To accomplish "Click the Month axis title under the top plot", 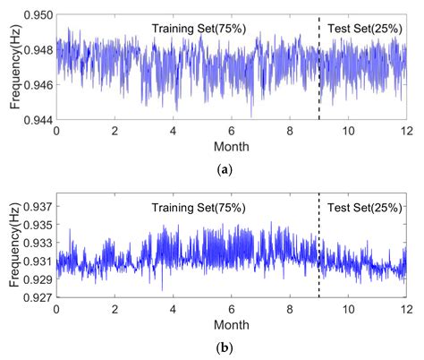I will [231, 145].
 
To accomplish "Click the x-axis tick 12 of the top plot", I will [405, 131].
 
